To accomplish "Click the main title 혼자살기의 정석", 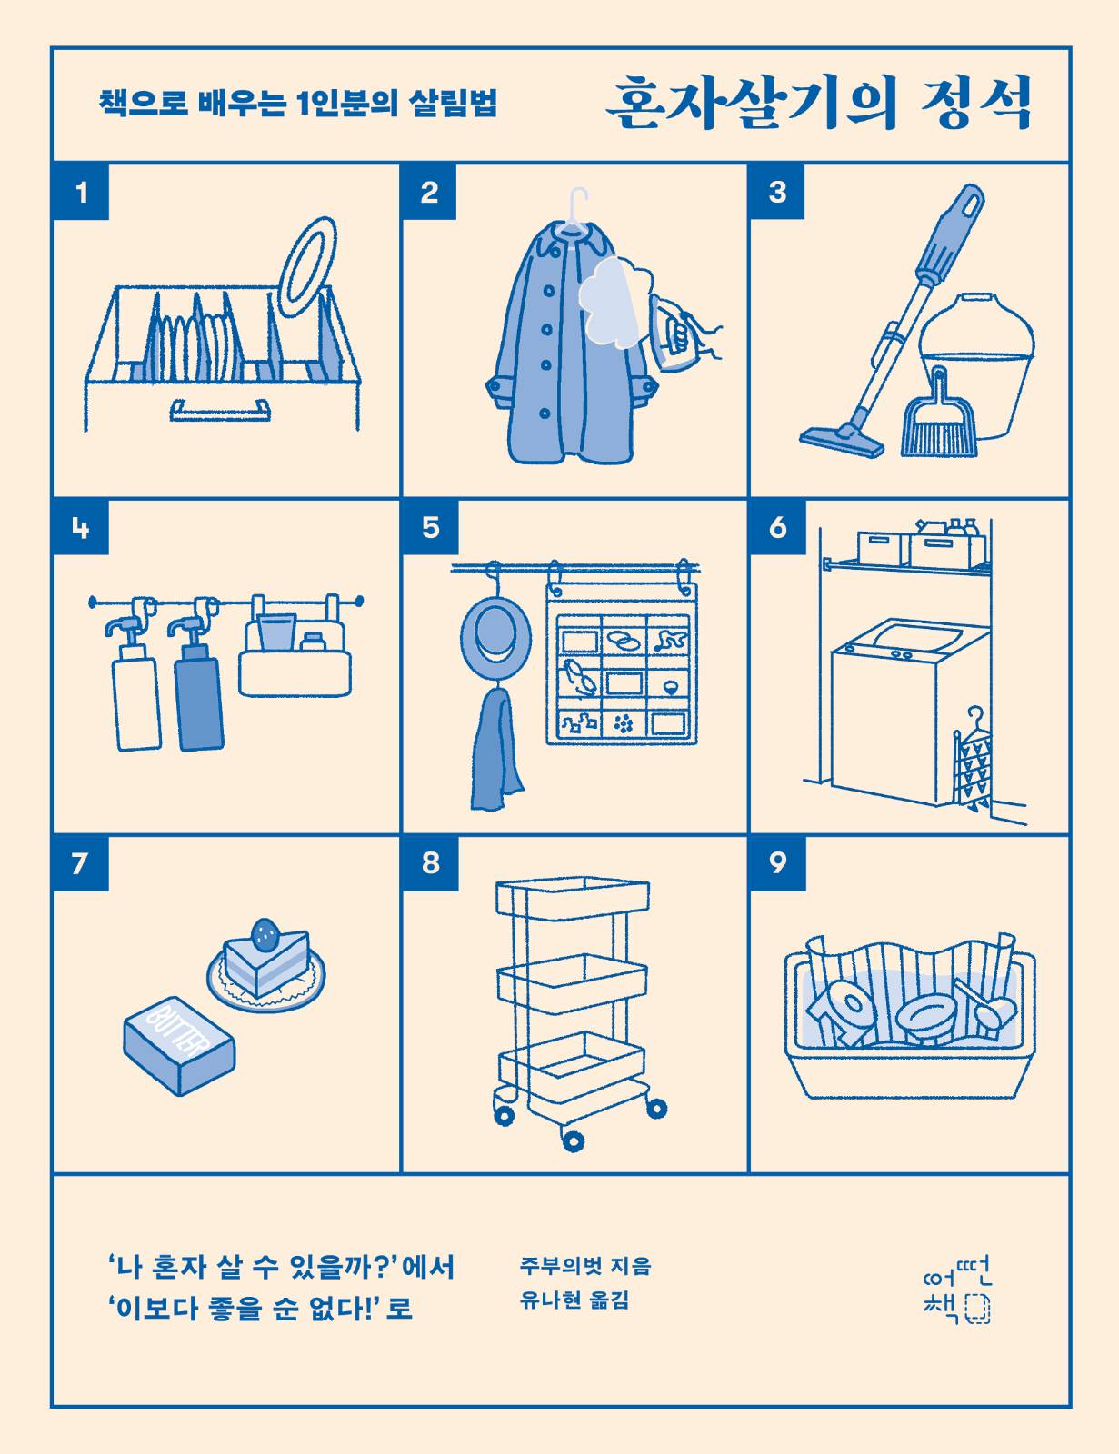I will point(818,105).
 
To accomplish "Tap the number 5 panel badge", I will point(430,527).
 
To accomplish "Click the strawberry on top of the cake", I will point(265,931).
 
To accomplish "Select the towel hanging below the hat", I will point(495,750).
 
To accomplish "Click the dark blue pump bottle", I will point(198,692).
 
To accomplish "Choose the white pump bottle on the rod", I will point(135,695).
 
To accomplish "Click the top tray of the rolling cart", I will point(573,894).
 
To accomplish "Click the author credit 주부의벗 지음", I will point(585,1265).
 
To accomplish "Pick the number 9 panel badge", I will point(777,862).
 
